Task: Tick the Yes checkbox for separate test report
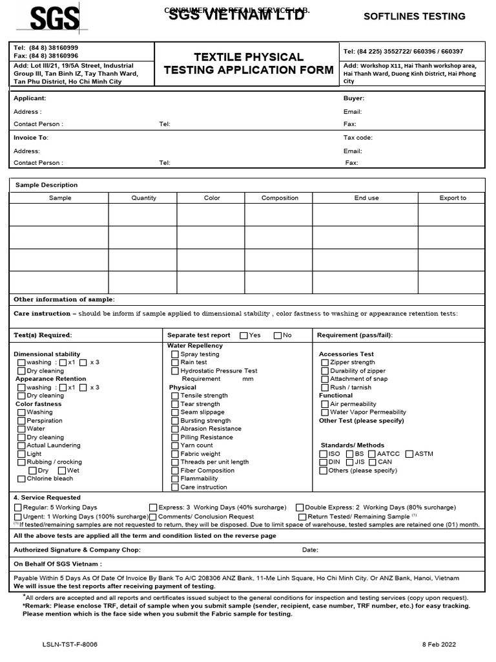coord(243,336)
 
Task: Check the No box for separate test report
coord(278,336)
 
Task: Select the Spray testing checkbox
coord(175,354)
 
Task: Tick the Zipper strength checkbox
coord(324,363)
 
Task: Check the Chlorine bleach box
coord(21,479)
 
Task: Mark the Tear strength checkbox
coord(175,404)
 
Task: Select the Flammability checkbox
coord(175,479)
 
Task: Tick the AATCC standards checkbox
coord(372,454)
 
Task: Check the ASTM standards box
coord(409,454)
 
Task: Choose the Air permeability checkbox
coord(324,404)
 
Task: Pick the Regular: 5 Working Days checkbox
coord(17,507)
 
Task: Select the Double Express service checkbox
coord(300,507)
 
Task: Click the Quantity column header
coord(143,198)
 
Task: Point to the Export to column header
coord(452,198)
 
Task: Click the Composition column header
coord(280,198)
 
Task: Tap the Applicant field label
coord(30,99)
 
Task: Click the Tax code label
coord(358,138)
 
